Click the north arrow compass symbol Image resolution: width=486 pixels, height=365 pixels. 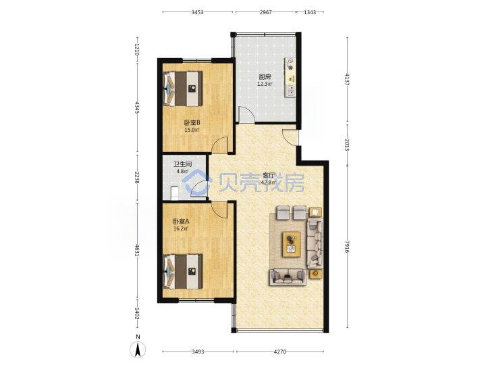click(x=138, y=349)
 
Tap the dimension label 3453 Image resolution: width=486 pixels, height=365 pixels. click(x=197, y=12)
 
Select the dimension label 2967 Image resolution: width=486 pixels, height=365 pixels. click(x=266, y=12)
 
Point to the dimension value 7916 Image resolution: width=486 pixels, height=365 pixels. click(x=347, y=247)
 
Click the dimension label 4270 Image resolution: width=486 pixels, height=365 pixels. click(x=280, y=351)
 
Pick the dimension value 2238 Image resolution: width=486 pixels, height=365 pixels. click(x=137, y=178)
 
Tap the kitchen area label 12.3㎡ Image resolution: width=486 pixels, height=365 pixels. click(x=265, y=84)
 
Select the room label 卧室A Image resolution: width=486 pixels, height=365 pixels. click(x=181, y=221)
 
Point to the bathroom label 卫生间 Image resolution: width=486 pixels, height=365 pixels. click(x=182, y=164)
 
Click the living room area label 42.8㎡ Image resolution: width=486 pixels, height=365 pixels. click(x=269, y=182)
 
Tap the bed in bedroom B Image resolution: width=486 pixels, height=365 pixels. click(x=183, y=89)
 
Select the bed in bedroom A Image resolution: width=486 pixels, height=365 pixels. click(x=183, y=271)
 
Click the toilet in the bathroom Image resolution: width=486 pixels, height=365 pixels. click(x=175, y=193)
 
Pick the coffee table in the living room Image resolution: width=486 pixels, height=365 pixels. click(x=292, y=244)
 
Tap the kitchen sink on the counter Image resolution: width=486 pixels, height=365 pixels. click(x=291, y=90)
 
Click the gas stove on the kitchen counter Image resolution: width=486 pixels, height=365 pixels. click(x=290, y=64)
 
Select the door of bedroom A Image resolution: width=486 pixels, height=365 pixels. click(x=220, y=210)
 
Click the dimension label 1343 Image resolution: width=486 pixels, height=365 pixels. click(x=310, y=12)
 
